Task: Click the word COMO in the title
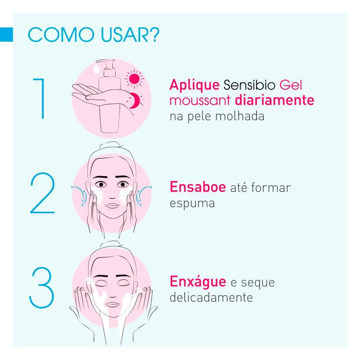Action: (x=61, y=35)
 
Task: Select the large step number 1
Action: (x=39, y=99)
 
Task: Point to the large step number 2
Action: (x=42, y=193)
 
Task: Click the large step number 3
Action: (x=41, y=288)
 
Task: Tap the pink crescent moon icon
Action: (x=135, y=100)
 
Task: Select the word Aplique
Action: (x=194, y=85)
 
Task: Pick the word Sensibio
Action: (x=249, y=85)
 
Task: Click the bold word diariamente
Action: (x=274, y=100)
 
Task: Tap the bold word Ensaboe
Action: (x=198, y=187)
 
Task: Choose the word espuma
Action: (x=192, y=203)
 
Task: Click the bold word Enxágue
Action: (x=198, y=282)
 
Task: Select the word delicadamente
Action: (x=211, y=297)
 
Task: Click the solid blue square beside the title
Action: (x=6, y=35)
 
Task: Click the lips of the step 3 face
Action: (x=112, y=305)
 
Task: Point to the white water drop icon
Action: (x=96, y=68)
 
